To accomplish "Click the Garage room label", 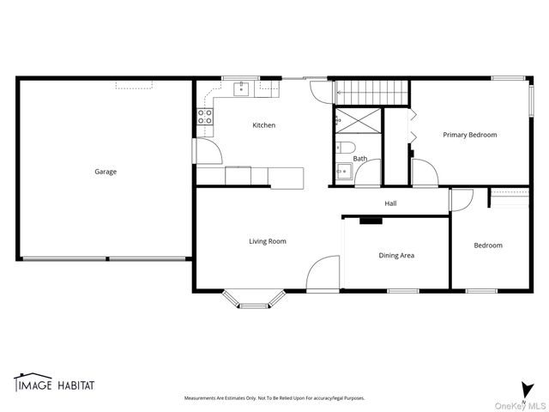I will [x=106, y=172].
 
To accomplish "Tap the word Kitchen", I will [x=263, y=125].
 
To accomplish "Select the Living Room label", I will [x=268, y=241].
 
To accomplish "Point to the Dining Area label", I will [x=396, y=255].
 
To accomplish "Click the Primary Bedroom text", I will [x=469, y=135].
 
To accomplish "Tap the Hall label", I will [x=390, y=203].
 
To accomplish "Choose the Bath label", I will [x=360, y=158].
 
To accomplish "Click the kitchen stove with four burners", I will [x=205, y=117].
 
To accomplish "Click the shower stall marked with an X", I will [x=357, y=120].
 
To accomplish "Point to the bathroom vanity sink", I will [x=341, y=171].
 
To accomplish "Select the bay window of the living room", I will [x=253, y=299].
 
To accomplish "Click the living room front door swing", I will [x=323, y=274].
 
